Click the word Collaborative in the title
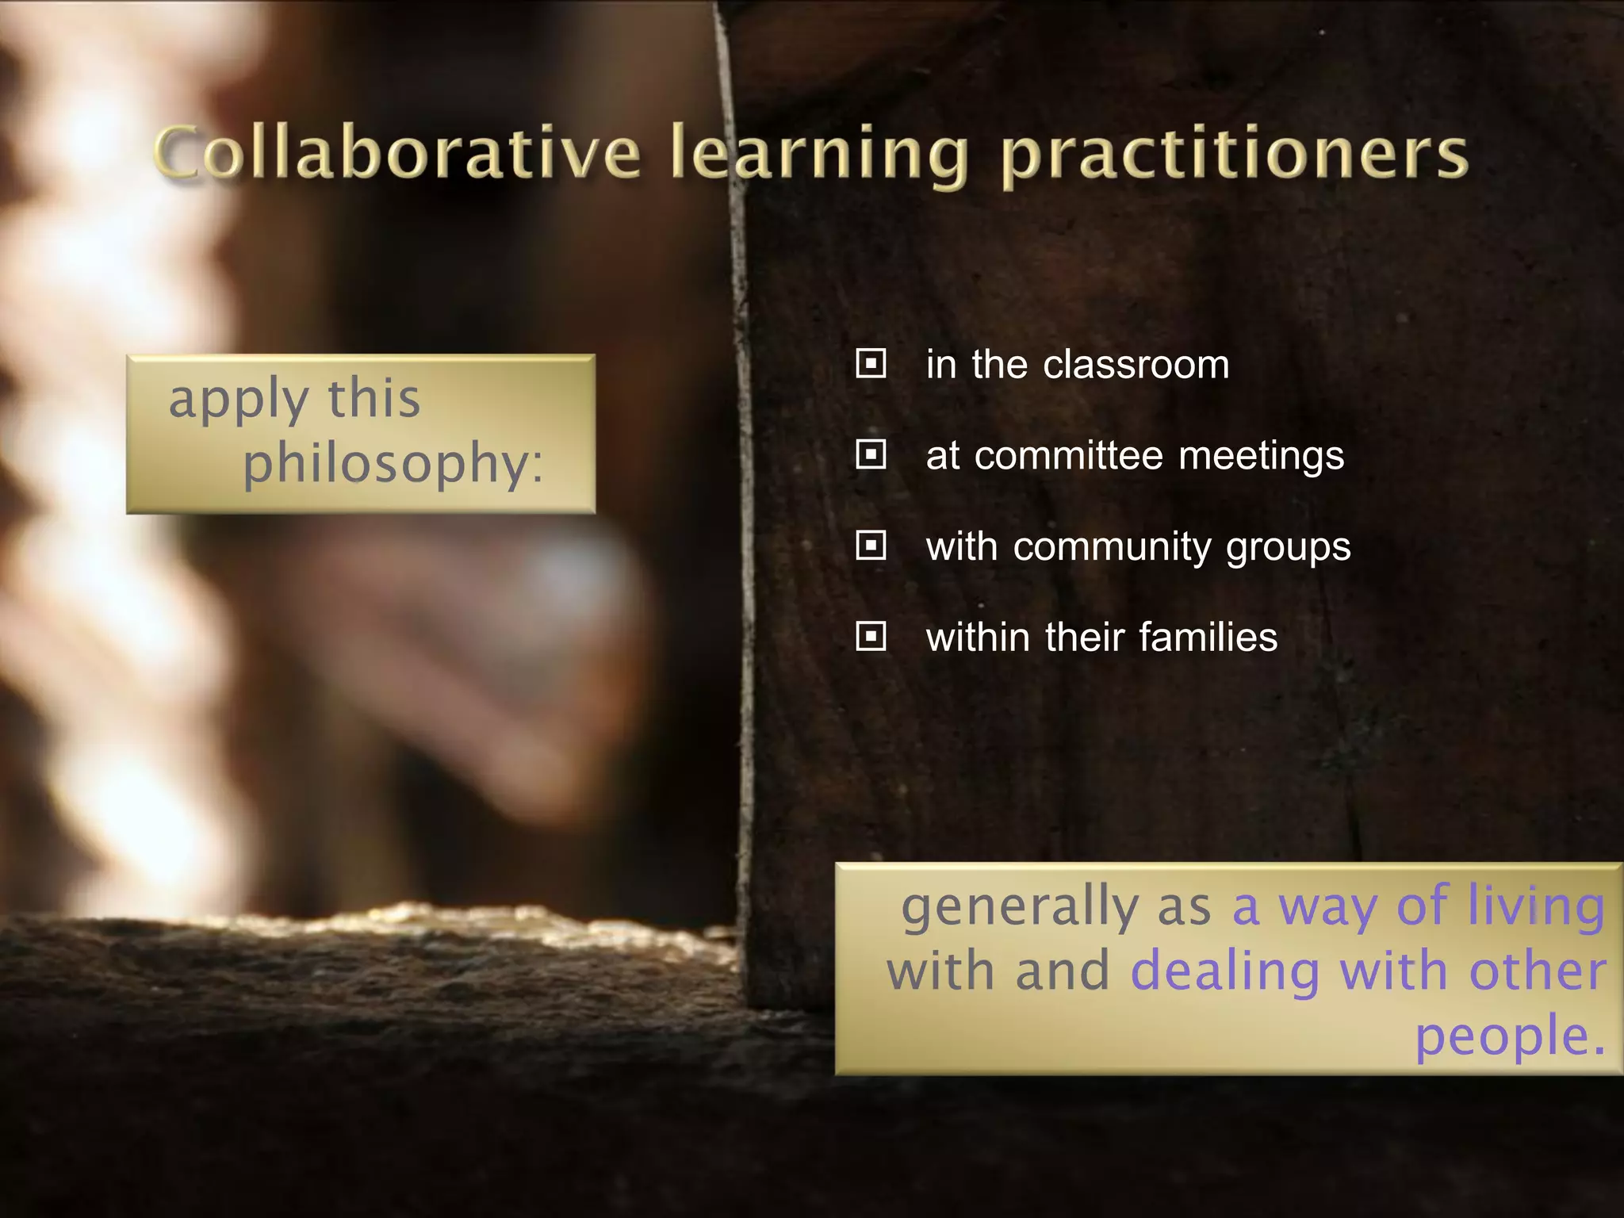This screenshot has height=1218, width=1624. click(396, 153)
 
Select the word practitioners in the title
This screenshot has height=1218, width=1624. click(1234, 155)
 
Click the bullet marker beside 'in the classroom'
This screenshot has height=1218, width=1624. click(871, 364)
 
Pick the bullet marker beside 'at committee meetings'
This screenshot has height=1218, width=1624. click(871, 455)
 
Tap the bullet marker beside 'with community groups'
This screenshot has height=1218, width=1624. click(871, 546)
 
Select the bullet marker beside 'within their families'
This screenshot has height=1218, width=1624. click(871, 636)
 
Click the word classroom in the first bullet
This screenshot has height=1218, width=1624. click(1136, 365)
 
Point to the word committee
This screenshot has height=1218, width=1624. click(1068, 456)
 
